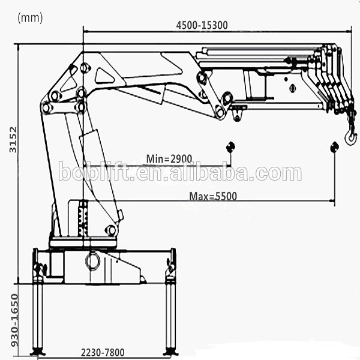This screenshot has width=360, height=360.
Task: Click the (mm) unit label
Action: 31,18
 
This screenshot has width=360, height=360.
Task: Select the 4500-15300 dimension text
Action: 202,25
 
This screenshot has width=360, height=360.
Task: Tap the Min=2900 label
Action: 169,159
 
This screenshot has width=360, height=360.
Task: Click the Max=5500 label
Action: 213,196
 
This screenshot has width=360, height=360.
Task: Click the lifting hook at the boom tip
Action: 350,137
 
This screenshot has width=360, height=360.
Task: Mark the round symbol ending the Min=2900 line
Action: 230,148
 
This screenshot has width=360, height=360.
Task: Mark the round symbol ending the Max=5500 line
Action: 334,148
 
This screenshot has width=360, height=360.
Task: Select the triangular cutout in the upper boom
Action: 105,76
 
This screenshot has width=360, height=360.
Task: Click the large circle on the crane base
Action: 93,261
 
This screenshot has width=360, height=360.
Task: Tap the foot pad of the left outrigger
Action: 38,351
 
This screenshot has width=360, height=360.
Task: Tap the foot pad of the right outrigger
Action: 170,351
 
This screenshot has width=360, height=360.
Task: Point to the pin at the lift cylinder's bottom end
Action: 110,230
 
